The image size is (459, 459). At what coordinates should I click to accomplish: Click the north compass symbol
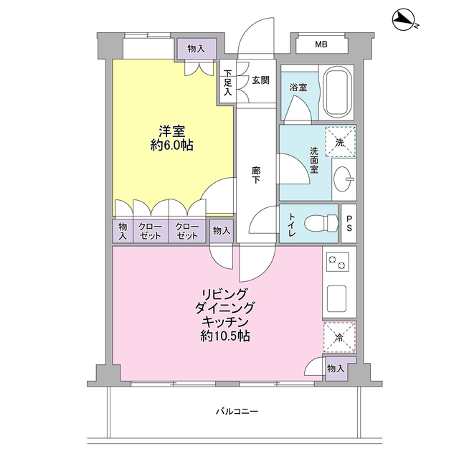pos(404,19)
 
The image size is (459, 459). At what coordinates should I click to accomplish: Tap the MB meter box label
pos(321,44)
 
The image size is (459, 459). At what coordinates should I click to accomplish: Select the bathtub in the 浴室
pos(336,93)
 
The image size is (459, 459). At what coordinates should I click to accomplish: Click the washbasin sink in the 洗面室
pos(344,179)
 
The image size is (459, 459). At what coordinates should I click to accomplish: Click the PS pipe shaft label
pos(349,223)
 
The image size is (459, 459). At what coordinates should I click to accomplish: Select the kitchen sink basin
pos(336,298)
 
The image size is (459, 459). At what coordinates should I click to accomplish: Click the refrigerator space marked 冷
pos(339,337)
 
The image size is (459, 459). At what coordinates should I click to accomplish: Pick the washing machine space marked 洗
pos(340,142)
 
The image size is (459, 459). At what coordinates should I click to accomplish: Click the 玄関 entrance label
pos(260,80)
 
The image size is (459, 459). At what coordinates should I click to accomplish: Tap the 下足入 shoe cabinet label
pos(228,82)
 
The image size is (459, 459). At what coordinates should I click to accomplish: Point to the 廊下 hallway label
pos(256,175)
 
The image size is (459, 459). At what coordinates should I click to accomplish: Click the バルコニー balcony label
pos(237,412)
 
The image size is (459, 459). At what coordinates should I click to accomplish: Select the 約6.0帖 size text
pos(172,145)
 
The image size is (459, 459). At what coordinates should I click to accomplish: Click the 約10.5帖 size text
pos(225,336)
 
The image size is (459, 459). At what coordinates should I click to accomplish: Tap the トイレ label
pos(292,224)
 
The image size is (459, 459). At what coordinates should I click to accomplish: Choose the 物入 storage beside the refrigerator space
pos(336,369)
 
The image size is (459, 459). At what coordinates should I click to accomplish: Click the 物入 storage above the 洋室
pos(196,49)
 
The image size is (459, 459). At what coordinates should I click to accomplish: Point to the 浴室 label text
pos(298,87)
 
